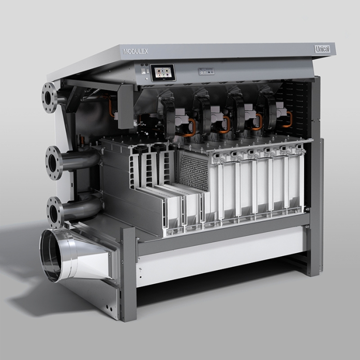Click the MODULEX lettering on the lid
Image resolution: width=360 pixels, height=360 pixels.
[136, 51]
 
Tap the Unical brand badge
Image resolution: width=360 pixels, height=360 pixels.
[322, 49]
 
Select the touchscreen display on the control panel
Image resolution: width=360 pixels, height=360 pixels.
[163, 72]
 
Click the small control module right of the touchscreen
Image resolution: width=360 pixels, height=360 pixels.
[206, 71]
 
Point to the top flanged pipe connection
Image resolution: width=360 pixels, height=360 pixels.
[49, 98]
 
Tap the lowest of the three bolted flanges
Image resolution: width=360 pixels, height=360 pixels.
[55, 212]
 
